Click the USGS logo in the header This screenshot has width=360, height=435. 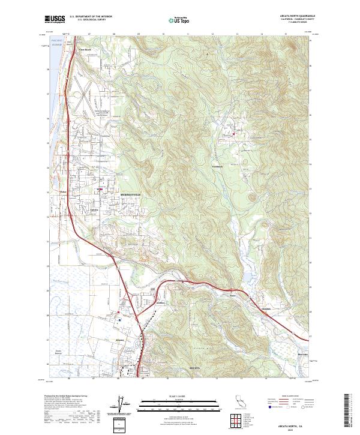[x=55, y=19]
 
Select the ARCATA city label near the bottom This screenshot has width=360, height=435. [x=193, y=367]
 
